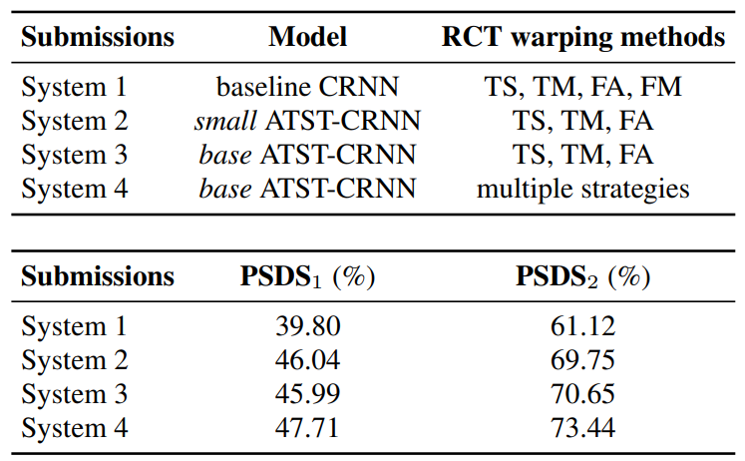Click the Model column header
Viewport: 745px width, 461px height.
click(307, 38)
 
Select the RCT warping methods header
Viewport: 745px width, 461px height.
click(582, 38)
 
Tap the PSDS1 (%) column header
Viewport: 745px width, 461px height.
click(307, 276)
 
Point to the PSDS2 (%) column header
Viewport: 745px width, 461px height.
click(582, 276)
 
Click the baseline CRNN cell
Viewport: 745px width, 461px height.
click(307, 87)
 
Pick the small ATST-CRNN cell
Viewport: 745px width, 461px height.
click(307, 121)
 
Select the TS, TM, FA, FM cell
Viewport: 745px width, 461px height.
click(582, 87)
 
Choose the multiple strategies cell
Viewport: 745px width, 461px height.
click(582, 189)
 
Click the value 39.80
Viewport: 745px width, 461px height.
click(307, 325)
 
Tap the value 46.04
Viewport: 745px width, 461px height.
click(307, 359)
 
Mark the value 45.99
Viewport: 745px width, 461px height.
click(307, 393)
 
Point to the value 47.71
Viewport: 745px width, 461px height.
click(307, 427)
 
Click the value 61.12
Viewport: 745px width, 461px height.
click(582, 325)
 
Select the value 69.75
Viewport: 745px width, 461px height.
click(582, 359)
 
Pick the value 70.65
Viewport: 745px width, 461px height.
click(582, 393)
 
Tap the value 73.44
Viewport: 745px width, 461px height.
click(582, 427)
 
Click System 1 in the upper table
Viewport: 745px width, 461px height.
click(75, 87)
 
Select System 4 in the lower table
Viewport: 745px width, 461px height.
click(75, 427)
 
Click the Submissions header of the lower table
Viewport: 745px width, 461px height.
click(98, 276)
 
